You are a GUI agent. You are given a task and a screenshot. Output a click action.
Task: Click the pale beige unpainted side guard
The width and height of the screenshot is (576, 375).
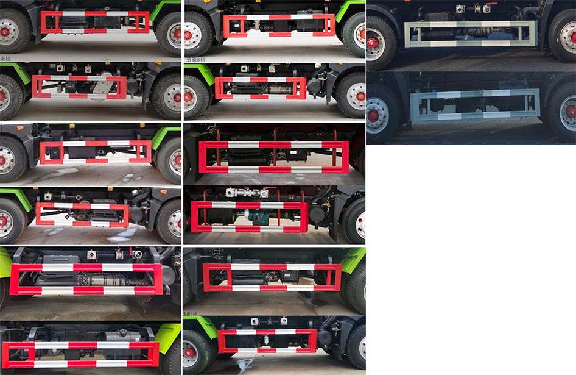pyautogui.click(x=471, y=34)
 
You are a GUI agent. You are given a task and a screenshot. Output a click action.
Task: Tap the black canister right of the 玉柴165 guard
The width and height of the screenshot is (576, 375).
pyautogui.click(x=325, y=338)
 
